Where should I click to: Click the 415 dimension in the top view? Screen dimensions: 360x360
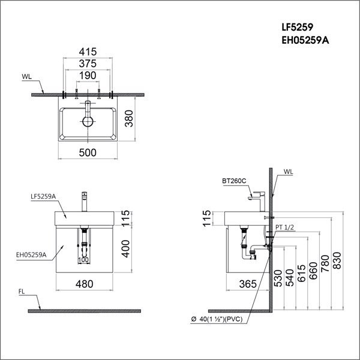click(88, 52)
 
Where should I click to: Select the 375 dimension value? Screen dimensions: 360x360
click(88, 64)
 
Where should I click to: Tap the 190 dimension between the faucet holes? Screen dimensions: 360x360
click(88, 76)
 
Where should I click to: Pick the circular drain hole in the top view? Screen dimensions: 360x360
click(88, 122)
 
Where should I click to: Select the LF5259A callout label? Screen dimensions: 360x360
click(43, 196)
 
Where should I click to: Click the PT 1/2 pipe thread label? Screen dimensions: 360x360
click(286, 227)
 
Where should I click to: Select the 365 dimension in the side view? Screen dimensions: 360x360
click(248, 284)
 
